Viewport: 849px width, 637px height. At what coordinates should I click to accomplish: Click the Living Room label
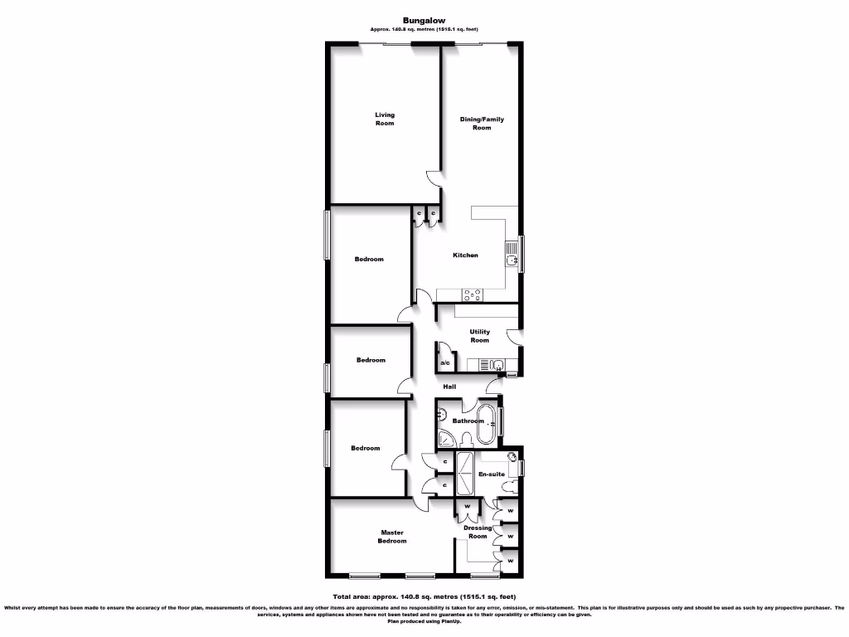click(x=384, y=119)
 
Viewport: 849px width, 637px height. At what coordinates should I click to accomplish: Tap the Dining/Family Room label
click(x=482, y=123)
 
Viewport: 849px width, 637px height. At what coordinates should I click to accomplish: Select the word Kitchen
click(x=465, y=255)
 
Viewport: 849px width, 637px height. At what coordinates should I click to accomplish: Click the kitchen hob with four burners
click(x=473, y=293)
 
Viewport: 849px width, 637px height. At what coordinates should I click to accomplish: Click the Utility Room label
click(x=479, y=336)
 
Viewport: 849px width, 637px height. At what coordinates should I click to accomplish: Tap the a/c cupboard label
click(x=444, y=363)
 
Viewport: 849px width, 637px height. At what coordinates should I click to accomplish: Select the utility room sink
click(x=496, y=365)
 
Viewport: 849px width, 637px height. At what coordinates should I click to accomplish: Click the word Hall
click(x=449, y=387)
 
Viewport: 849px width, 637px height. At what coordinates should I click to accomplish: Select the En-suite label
click(x=492, y=474)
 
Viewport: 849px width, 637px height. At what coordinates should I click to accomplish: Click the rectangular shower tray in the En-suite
click(x=464, y=474)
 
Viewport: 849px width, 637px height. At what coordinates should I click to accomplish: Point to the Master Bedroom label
click(x=392, y=537)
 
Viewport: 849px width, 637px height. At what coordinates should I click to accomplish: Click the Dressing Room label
click(x=478, y=532)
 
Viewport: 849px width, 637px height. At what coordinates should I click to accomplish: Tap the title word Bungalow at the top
click(x=424, y=21)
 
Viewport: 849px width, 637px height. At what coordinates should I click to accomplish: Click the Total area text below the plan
click(x=424, y=596)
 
